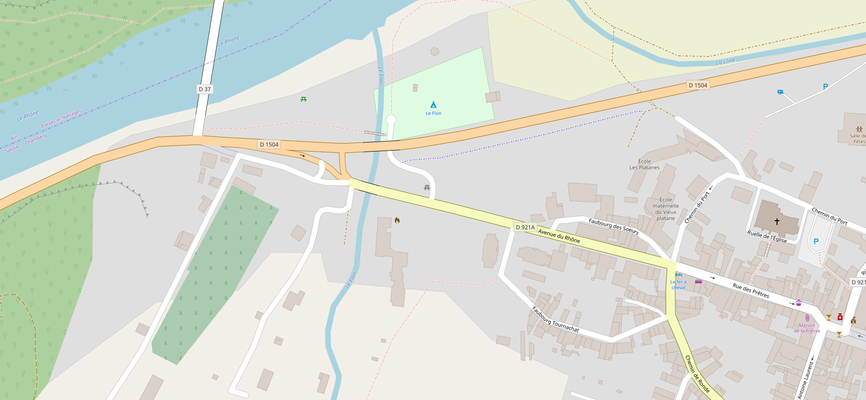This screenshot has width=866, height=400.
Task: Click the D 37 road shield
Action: [x=205, y=89]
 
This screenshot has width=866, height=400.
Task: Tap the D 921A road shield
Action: [x=525, y=227]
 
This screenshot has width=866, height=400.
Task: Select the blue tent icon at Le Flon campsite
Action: [x=433, y=104]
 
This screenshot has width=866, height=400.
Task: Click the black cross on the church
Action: [x=777, y=221]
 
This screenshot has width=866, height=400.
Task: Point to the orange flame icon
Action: [x=397, y=220]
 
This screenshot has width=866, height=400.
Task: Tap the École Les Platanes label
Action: [x=644, y=164]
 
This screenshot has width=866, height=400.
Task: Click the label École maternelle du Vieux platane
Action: [x=666, y=209]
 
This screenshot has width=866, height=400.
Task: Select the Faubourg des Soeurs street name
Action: [x=614, y=226]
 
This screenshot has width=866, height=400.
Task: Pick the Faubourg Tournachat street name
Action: [x=555, y=319]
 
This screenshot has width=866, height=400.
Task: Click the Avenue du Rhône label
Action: [x=559, y=236]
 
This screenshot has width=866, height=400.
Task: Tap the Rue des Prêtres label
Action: [x=751, y=290]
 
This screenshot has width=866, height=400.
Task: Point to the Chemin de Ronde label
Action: [x=697, y=374]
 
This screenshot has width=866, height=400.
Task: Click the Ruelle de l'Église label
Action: [x=767, y=236]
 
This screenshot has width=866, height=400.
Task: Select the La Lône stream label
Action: [x=725, y=62]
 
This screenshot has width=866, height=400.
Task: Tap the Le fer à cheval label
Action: [x=678, y=285]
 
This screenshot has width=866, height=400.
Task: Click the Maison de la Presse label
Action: [x=807, y=328]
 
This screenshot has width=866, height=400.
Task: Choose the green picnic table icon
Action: [x=304, y=99]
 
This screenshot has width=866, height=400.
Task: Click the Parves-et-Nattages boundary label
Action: [x=61, y=119]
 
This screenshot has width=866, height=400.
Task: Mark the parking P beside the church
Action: [x=816, y=241]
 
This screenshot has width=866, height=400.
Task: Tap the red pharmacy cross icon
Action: [x=840, y=317]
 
